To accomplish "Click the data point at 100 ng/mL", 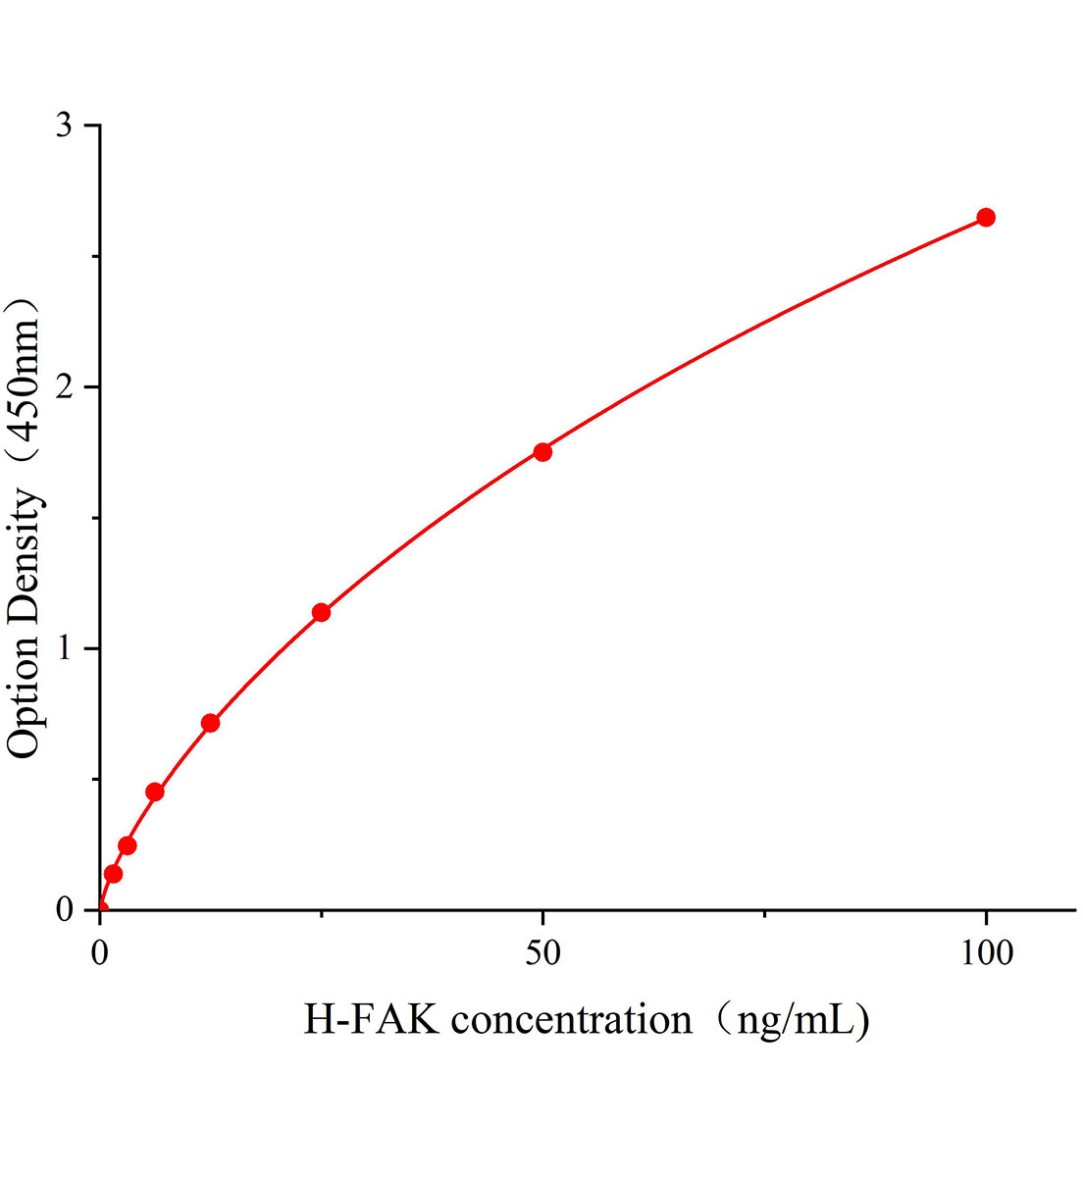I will tap(986, 217).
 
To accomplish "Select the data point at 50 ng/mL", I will tap(542, 452).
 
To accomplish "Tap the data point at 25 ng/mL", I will tap(321, 612).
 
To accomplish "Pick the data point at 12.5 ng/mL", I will tap(210, 723).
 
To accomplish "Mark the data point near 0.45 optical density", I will tap(154, 792).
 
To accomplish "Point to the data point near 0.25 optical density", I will tap(127, 845).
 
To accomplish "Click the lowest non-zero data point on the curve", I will tap(113, 873).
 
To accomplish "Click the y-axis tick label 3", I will tap(65, 126).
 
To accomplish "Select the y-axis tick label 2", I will tap(65, 387).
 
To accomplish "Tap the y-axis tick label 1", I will tap(65, 649).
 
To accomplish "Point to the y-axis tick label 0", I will tap(65, 910).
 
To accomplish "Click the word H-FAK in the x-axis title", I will tap(371, 1020).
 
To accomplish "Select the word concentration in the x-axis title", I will tap(572, 1020).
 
